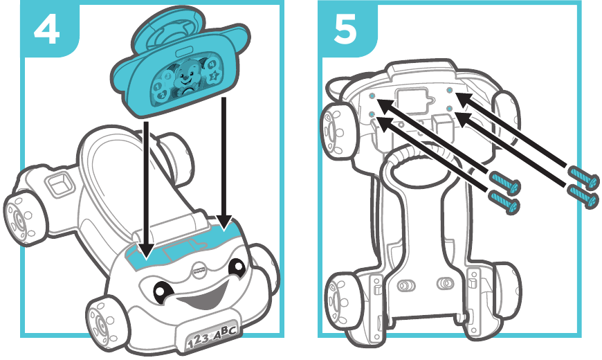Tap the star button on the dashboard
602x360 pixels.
click(x=214, y=74)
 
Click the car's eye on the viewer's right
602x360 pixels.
click(x=236, y=267)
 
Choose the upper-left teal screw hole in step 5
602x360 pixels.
click(x=372, y=98)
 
